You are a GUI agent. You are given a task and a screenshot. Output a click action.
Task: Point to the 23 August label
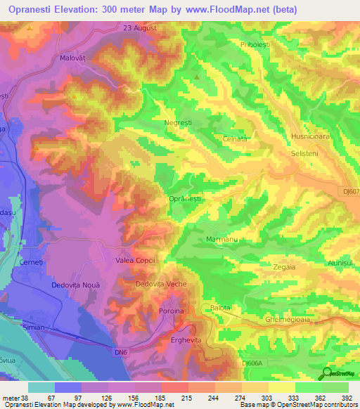click(x=139, y=28)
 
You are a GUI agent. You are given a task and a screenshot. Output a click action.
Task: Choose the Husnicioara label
click(x=309, y=136)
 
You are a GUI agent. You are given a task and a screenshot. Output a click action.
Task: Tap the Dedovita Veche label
click(x=160, y=284)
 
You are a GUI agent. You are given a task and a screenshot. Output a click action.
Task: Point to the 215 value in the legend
click(x=172, y=398)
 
